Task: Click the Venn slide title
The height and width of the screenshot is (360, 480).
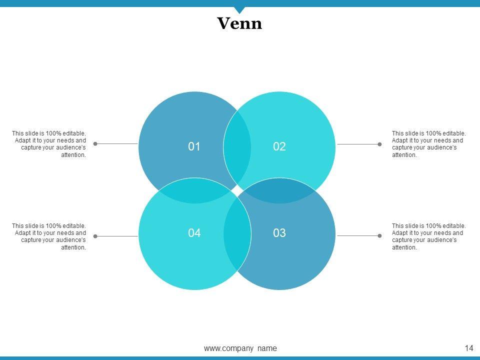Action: (239, 23)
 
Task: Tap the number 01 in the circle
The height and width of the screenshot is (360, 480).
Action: (194, 146)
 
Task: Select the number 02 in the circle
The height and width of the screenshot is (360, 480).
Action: (279, 146)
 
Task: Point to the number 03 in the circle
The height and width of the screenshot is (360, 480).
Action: (279, 232)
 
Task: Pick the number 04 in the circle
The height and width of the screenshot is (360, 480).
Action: (194, 232)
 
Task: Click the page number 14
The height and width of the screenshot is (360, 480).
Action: (468, 348)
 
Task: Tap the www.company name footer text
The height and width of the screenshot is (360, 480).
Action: (240, 348)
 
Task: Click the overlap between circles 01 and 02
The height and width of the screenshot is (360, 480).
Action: (237, 146)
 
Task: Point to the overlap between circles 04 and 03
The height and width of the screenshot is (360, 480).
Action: (237, 232)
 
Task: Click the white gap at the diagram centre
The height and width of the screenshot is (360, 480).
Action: (237, 190)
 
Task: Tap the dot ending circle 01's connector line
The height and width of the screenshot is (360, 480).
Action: (95, 143)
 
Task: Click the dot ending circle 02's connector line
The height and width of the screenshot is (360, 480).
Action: (379, 144)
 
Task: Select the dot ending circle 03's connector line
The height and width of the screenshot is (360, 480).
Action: (379, 235)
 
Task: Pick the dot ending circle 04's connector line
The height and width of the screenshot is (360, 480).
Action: (95, 236)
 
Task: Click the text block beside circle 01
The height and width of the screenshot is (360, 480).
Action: (49, 144)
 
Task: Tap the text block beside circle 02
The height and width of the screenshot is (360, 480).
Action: (428, 144)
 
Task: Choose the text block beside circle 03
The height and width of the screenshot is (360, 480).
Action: (428, 236)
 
